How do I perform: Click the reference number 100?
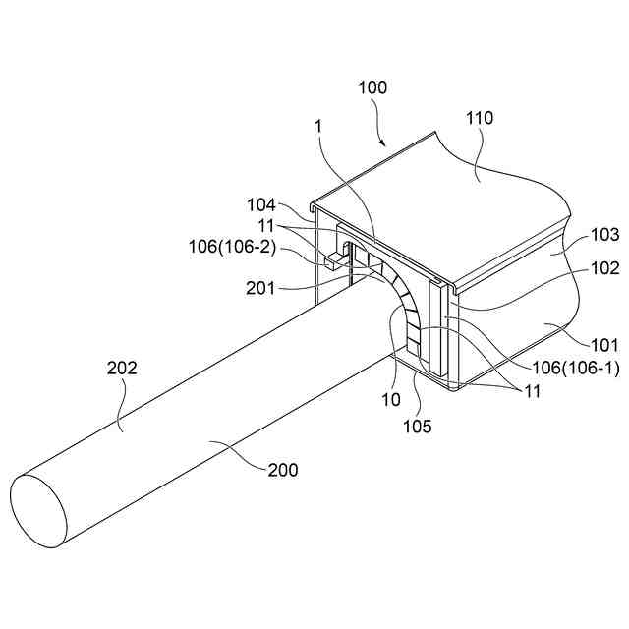tap(373, 87)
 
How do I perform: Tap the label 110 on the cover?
tap(482, 119)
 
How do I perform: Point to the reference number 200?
tap(282, 470)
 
